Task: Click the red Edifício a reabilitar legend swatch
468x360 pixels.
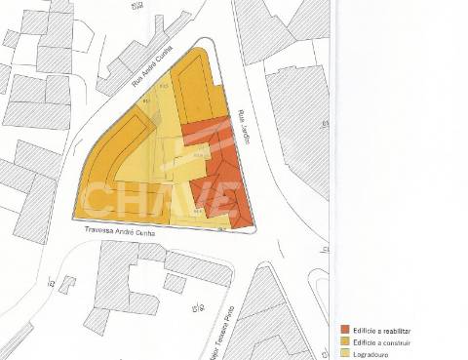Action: click(x=345, y=330)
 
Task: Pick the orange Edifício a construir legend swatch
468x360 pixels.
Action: click(x=345, y=342)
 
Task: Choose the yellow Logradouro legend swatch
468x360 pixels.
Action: click(x=345, y=354)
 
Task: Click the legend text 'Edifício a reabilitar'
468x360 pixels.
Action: click(x=386, y=330)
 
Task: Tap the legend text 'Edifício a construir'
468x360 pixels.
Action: click(x=386, y=342)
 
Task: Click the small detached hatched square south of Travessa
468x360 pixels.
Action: click(x=175, y=283)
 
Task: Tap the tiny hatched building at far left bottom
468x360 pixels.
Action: click(x=66, y=284)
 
